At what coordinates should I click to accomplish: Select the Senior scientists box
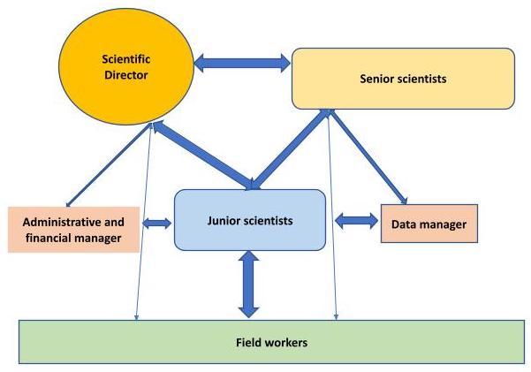(x=403, y=79)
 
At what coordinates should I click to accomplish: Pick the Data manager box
(x=429, y=224)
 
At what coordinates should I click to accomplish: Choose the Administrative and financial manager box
(x=73, y=229)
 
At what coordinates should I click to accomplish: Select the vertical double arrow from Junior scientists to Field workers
(x=248, y=285)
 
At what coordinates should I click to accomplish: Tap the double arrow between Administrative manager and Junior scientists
(x=157, y=223)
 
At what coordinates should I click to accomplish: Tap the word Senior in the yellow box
(x=378, y=79)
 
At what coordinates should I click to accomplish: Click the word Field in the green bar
(x=250, y=341)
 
